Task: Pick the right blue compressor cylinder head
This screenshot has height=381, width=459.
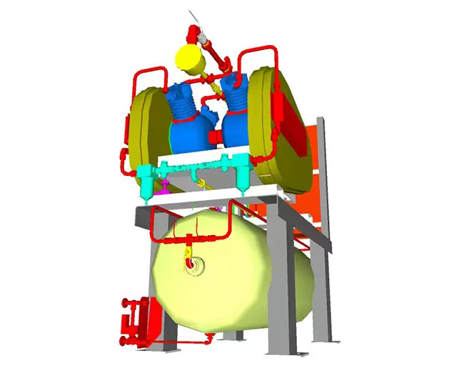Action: [235, 93]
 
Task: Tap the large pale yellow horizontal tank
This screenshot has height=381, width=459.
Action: [236, 279]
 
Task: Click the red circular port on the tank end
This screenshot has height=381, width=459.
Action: [190, 265]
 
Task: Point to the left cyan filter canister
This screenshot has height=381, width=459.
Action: [146, 179]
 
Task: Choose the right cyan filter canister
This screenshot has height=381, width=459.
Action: [243, 175]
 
